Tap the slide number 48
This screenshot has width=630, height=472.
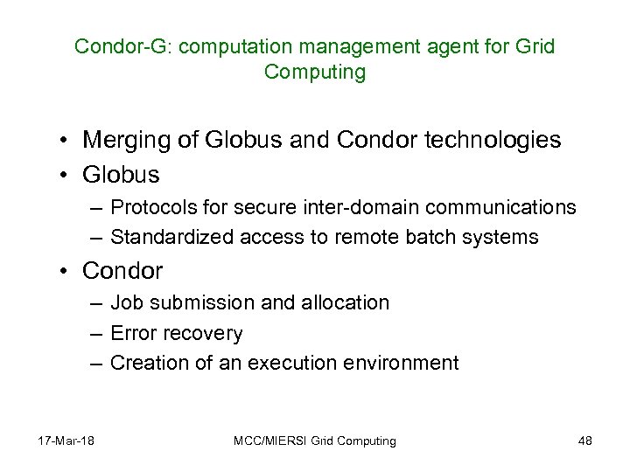click(585, 441)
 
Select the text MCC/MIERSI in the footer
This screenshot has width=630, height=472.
click(264, 441)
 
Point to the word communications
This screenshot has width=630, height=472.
click(494, 207)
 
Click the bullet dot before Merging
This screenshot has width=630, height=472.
click(66, 141)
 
